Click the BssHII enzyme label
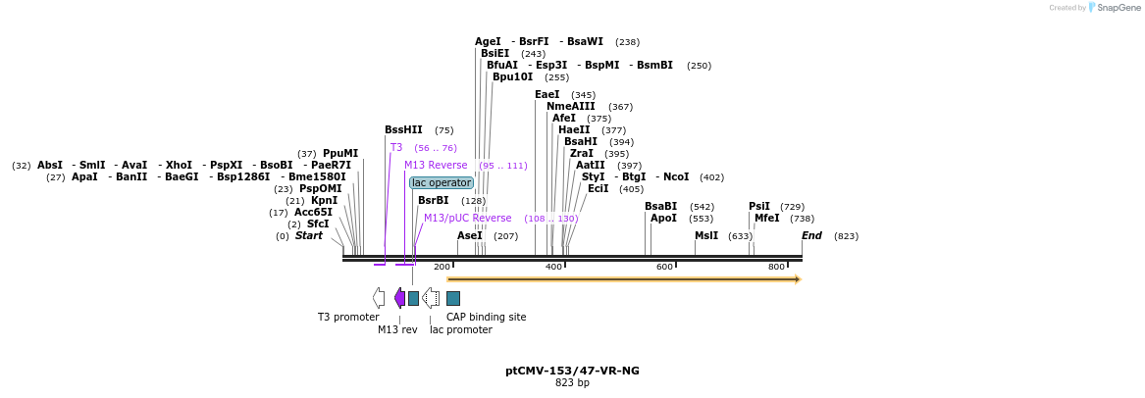tap(403, 129)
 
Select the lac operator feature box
tap(442, 182)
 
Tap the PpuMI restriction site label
tap(340, 153)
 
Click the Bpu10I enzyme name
tap(512, 76)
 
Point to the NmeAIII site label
tap(571, 106)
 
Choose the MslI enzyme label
tap(706, 235)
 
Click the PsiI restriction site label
tap(759, 206)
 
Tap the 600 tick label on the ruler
tap(664, 267)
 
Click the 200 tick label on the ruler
tap(442, 267)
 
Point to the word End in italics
tap(811, 235)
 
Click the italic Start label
tap(309, 235)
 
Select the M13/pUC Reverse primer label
tap(467, 218)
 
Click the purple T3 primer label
tap(396, 147)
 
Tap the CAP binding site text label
tap(486, 317)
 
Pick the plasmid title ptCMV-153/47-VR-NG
tap(572, 371)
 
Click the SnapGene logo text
tap(1118, 8)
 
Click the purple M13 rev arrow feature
tap(399, 297)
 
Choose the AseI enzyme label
tap(470, 235)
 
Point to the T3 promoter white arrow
tap(378, 297)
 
